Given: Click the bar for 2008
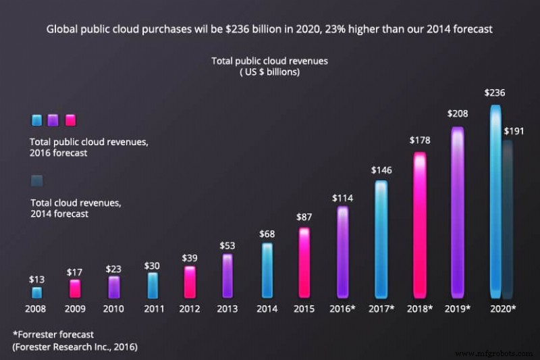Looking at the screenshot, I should click(36, 292).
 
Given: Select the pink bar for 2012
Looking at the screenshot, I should click(190, 282).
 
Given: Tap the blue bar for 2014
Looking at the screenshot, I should click(267, 270).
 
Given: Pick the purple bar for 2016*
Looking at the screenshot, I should click(343, 252).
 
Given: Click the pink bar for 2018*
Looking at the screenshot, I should click(420, 225).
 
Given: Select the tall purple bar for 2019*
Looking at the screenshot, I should click(458, 212).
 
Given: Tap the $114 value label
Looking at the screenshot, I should click(343, 198).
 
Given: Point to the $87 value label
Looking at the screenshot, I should click(304, 218).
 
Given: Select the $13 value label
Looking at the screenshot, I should click(36, 278).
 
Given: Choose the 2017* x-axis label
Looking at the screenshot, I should click(381, 309).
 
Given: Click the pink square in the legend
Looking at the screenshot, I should click(71, 120).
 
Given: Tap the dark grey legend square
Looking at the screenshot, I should click(36, 180).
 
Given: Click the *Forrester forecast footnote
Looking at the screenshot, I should click(53, 334).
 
